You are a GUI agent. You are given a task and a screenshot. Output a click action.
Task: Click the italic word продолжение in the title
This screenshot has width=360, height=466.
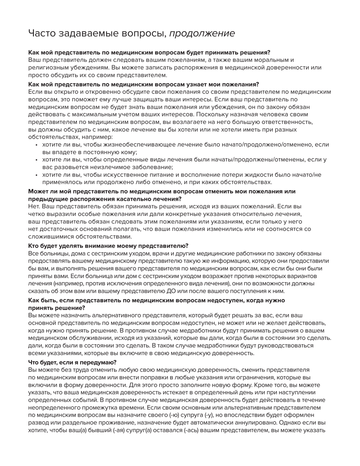click(x=202, y=34)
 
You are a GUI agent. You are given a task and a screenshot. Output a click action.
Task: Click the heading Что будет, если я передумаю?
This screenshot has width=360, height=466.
click(x=72, y=362)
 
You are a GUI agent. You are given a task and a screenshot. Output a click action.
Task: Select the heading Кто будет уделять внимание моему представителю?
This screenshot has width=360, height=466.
click(x=108, y=246)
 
